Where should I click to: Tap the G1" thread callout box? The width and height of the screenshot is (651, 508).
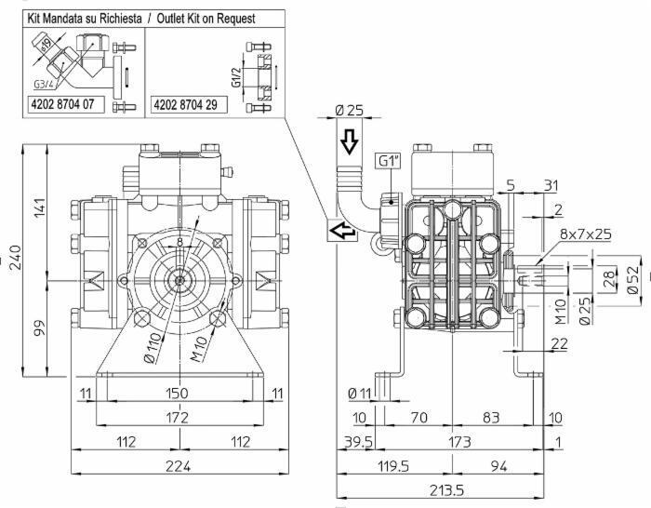point(389,160)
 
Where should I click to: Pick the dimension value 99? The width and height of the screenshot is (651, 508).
point(39,329)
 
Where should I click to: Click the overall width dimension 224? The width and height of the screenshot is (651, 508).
point(176,466)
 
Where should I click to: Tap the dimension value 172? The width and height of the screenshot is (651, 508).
point(176,416)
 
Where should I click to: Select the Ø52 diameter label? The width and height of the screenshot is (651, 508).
point(633,277)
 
